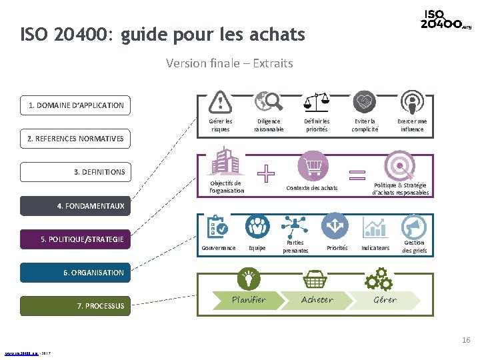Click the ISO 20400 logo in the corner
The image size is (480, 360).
pyautogui.click(x=445, y=20)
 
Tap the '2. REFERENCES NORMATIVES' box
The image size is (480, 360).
pyautogui.click(x=75, y=139)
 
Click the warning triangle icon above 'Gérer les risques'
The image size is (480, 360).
pyautogui.click(x=220, y=103)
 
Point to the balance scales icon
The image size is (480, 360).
pyautogui.click(x=316, y=102)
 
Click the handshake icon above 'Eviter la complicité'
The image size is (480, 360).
pyautogui.click(x=364, y=102)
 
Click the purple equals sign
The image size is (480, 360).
pyautogui.click(x=357, y=174)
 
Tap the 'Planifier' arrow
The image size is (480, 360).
pyautogui.click(x=247, y=300)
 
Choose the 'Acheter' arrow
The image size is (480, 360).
pyautogui.click(x=317, y=300)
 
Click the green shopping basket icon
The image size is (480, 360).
pyautogui.click(x=314, y=279)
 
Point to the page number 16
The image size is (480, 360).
pyautogui.click(x=466, y=340)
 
